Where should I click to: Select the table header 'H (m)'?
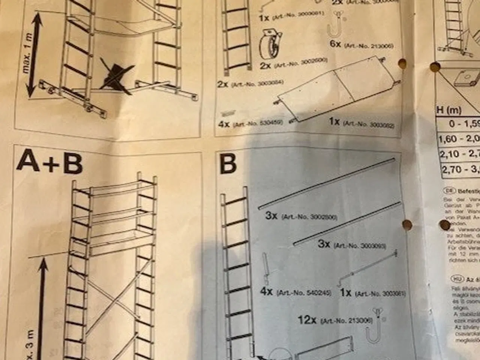coord(449,111)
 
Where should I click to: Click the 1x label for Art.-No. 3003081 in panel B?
coord(345,292)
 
